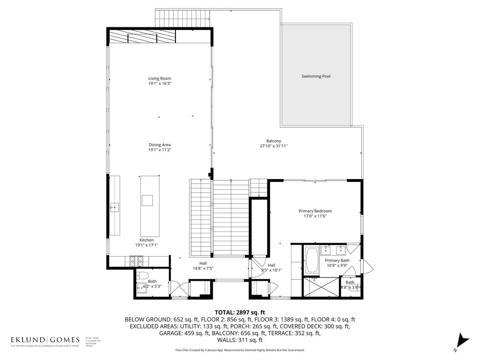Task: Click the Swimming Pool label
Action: pos(316,76)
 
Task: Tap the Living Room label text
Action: pos(160,79)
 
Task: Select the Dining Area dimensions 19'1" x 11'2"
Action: pos(160,150)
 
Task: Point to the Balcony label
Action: pos(273,141)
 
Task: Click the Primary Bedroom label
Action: pos(315,211)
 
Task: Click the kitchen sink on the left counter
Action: pos(115,206)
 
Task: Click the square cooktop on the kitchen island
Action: pos(147,200)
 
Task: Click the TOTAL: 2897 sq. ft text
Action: pos(240,312)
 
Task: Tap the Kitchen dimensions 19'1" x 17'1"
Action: pos(147,245)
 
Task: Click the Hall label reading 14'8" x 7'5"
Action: pos(203,268)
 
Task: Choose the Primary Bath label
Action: pos(337,260)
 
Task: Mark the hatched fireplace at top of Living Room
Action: pos(142,36)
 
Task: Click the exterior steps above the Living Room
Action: pos(183,18)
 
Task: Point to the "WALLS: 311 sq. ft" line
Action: pos(240,341)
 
